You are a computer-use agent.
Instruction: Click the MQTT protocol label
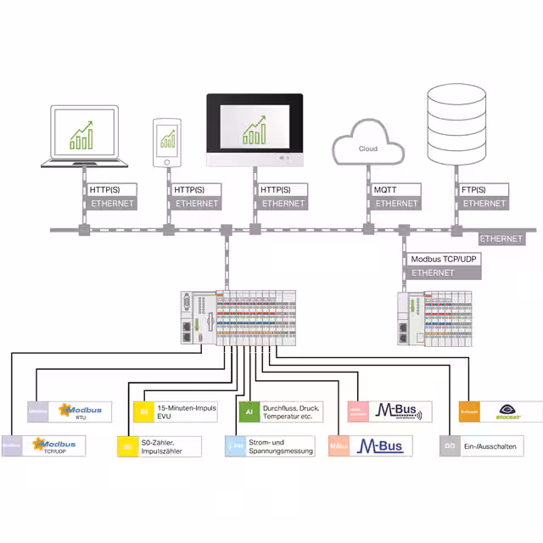(386, 190)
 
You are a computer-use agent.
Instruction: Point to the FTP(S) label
(474, 190)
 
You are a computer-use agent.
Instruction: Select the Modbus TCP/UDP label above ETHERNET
(444, 260)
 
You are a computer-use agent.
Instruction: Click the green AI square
(249, 411)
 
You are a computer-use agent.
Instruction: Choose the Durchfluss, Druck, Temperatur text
(288, 411)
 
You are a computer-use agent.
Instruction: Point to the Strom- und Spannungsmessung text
(281, 446)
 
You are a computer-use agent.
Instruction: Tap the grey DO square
(450, 445)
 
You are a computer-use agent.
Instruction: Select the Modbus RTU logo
(79, 411)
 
